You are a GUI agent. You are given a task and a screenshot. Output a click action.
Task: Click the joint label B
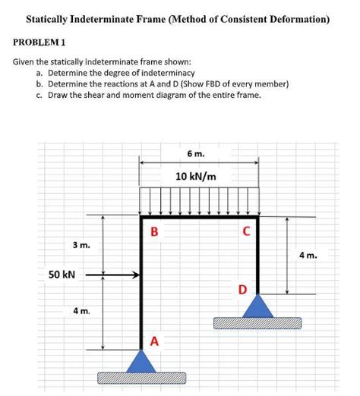coord(154,231)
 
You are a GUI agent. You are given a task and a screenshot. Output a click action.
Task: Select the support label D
coord(242,290)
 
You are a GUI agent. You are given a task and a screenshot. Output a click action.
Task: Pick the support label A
coord(154,341)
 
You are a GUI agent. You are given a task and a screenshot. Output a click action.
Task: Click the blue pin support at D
coord(258,306)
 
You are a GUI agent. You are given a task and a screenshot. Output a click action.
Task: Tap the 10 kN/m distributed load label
coord(196,177)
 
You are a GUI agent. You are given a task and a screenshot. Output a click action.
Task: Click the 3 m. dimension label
coord(81,246)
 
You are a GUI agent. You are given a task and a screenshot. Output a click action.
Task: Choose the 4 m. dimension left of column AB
coord(81,311)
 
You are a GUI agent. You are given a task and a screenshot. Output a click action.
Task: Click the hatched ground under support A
coord(142,378)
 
